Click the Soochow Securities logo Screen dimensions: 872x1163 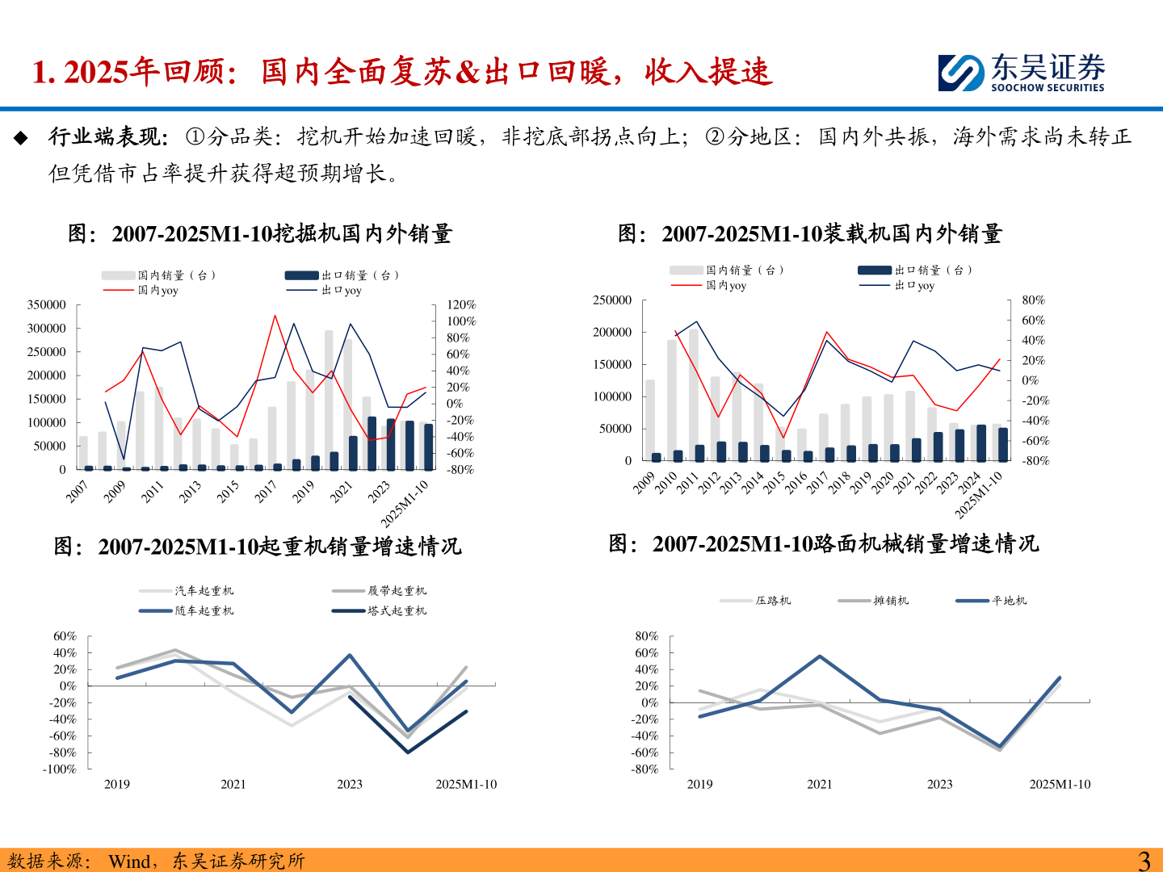1021,73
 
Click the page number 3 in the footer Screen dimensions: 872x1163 1144,861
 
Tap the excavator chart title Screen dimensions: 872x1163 260,234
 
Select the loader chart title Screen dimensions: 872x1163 810,234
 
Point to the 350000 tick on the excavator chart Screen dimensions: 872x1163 47,305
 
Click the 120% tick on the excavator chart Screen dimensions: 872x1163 461,305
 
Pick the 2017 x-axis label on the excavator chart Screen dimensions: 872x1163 266,491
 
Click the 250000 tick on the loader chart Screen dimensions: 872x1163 612,300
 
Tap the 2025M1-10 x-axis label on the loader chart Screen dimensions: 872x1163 979,494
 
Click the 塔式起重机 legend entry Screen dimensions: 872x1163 397,611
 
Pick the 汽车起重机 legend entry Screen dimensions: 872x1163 204,591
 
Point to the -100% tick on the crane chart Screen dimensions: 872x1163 60,769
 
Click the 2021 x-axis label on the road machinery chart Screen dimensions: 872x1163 819,785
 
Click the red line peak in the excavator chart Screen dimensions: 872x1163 275,316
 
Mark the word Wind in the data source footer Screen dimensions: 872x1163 129,862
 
